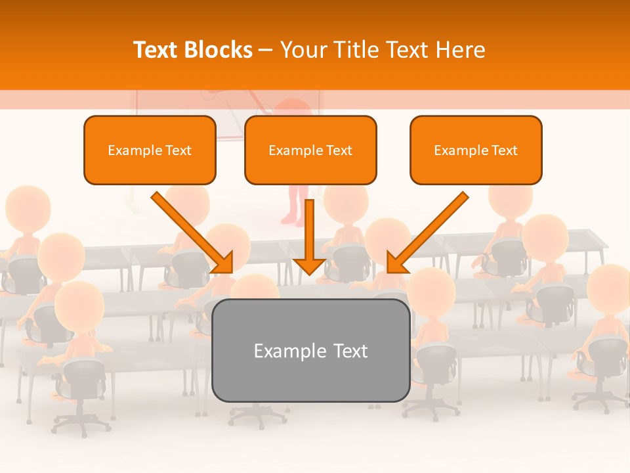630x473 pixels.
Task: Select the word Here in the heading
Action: (x=460, y=50)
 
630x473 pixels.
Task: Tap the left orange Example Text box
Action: (x=150, y=150)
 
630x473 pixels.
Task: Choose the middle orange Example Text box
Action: (x=310, y=150)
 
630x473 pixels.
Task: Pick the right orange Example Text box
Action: (x=476, y=150)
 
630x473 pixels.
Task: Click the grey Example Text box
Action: (x=310, y=350)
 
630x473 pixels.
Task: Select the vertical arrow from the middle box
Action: (x=309, y=230)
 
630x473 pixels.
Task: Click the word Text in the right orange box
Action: (x=504, y=150)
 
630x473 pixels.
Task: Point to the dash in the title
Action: (x=266, y=51)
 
